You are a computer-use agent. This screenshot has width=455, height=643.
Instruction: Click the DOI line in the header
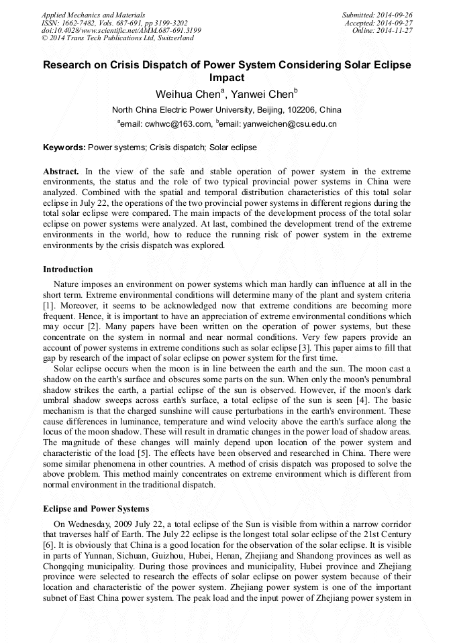121,30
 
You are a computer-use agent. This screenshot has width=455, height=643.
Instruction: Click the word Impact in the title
227,78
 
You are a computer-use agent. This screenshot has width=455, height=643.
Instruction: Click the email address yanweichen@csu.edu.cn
290,124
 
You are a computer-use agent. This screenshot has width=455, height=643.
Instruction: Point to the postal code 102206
301,110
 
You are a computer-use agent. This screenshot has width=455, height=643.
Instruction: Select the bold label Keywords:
64,147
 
